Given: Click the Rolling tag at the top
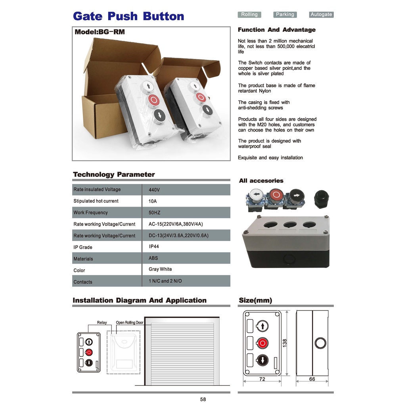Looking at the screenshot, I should tap(249, 15).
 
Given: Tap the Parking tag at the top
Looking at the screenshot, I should tap(285, 15).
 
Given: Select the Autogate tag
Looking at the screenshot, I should tap(321, 15).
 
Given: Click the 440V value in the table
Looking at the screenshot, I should tap(154, 190).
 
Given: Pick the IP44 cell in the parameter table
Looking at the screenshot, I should tap(154, 247).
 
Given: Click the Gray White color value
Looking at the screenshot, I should tap(160, 269).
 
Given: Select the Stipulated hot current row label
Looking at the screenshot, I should tap(96, 201).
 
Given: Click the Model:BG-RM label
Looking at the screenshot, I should tap(100, 32).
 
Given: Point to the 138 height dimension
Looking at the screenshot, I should tap(285, 343).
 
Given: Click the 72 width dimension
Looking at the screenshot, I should tap(262, 379).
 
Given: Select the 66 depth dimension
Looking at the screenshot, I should tap(312, 379).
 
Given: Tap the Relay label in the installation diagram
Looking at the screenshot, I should tap(102, 323).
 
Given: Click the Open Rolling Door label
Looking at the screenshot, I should tap(130, 323).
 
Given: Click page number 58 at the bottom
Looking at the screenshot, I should tap(203, 399).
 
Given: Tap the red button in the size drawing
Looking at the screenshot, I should tap(262, 343).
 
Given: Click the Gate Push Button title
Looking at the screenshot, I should tap(128, 16).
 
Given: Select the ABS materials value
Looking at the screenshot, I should tap(153, 258).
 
